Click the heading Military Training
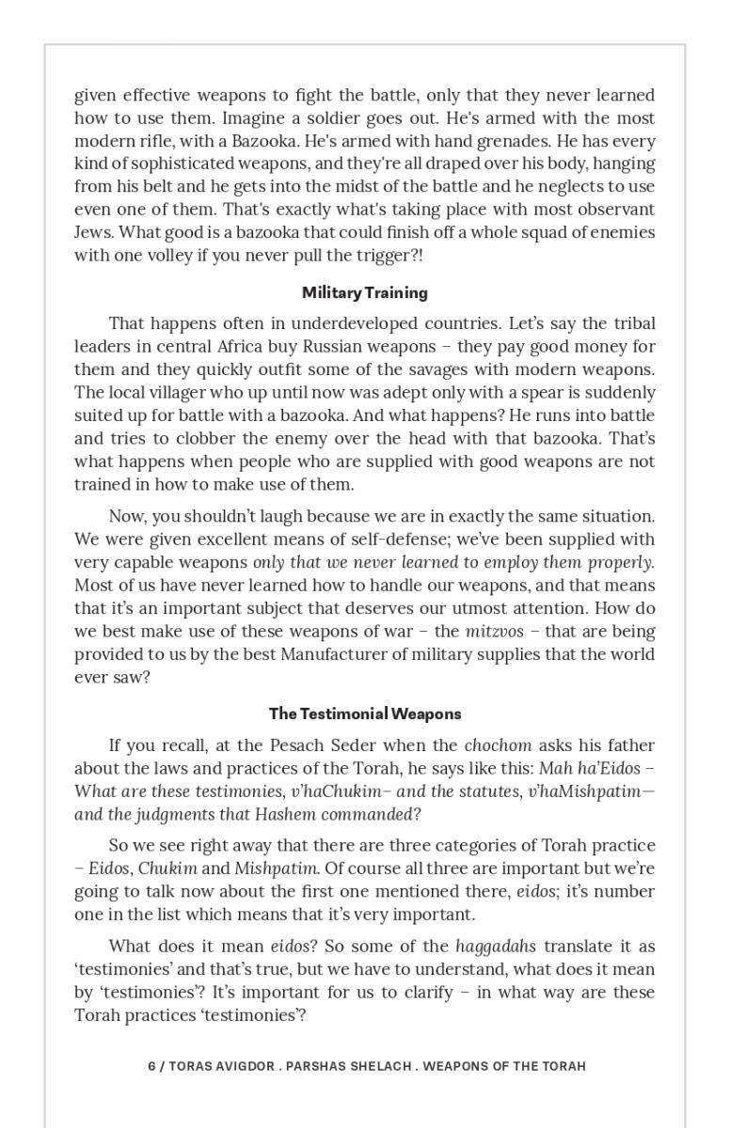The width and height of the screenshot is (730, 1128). (x=365, y=292)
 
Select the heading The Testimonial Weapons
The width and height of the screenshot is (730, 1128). (x=365, y=713)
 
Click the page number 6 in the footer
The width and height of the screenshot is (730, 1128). (x=151, y=1066)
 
